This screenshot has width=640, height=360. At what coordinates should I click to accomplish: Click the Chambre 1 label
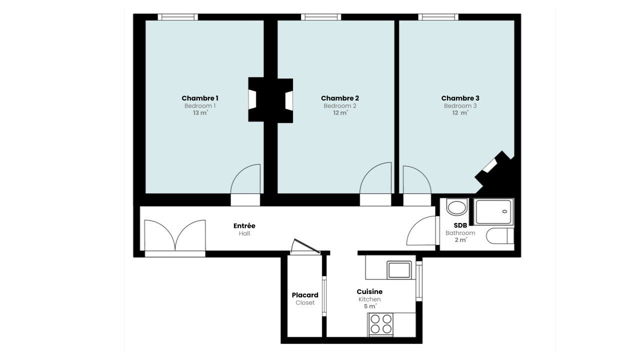[x=200, y=98]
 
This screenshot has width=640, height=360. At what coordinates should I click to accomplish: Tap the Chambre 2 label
[x=340, y=98]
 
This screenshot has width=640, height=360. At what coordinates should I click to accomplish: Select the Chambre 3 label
[x=460, y=98]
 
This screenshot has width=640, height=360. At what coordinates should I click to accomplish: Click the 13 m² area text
[x=200, y=113]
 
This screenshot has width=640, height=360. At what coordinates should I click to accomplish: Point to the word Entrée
[x=244, y=225]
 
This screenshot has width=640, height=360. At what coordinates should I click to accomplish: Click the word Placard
[x=305, y=295]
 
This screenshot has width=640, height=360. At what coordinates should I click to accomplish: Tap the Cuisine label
[x=369, y=291]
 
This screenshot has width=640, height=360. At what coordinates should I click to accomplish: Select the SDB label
[x=460, y=225]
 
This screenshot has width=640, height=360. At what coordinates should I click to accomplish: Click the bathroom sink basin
[x=456, y=207]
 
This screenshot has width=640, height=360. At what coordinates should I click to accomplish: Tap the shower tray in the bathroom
[x=493, y=211]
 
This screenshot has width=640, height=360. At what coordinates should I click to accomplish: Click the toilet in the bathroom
[x=499, y=235]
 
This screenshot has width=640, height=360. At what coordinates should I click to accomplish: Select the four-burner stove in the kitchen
[x=381, y=324]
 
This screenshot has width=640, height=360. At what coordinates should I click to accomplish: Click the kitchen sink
[x=399, y=270]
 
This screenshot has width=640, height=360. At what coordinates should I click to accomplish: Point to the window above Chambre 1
[x=177, y=17]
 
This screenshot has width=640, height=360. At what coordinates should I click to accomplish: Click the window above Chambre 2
[x=321, y=17]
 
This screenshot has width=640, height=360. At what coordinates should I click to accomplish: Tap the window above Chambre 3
[x=438, y=17]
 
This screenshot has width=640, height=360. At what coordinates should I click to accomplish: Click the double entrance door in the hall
[x=175, y=237]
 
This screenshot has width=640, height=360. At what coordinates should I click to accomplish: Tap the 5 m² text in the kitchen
[x=370, y=306]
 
